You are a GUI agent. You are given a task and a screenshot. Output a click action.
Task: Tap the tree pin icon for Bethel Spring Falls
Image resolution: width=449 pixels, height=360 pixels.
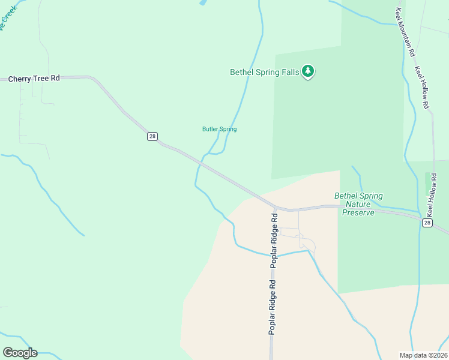pos(308,71)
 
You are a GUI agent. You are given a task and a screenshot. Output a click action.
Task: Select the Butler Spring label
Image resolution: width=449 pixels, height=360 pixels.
pos(219,129)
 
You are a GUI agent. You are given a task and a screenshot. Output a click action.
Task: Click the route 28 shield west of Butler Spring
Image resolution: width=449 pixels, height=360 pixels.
pos(152,136)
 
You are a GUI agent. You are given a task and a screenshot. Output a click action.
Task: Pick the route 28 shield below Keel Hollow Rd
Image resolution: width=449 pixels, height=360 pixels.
pos(427,223)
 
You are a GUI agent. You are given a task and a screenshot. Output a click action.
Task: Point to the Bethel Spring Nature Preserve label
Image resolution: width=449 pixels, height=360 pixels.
pos(358,204)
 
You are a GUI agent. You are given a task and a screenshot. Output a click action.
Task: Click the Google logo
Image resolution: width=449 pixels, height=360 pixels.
pos(20,353)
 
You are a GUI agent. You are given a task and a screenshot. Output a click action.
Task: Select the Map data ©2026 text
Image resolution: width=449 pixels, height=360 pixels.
pos(423,355)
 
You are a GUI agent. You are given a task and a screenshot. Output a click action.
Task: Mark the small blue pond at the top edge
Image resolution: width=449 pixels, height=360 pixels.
pos(202,2)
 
